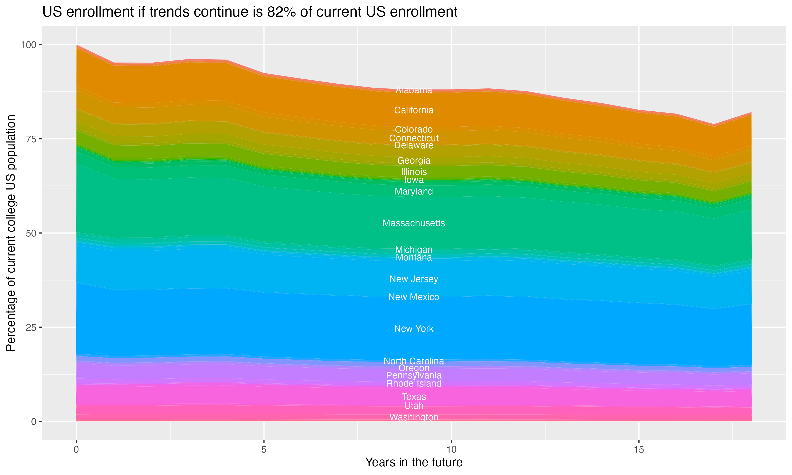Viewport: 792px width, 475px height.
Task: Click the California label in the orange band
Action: pyautogui.click(x=414, y=110)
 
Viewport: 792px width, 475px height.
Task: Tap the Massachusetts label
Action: pyautogui.click(x=414, y=223)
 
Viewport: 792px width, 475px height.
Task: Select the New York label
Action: pyautogui.click(x=414, y=329)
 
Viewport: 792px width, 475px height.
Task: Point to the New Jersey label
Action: pyautogui.click(x=414, y=279)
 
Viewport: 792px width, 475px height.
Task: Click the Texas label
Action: pyautogui.click(x=414, y=397)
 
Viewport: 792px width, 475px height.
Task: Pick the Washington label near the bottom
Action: pyautogui.click(x=414, y=417)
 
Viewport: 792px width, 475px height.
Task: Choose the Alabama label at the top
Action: pyautogui.click(x=414, y=90)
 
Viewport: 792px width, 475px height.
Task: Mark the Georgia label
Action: pyautogui.click(x=414, y=161)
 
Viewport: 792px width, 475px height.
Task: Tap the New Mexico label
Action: pyautogui.click(x=414, y=297)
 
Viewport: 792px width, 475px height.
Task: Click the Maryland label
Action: pyautogui.click(x=414, y=191)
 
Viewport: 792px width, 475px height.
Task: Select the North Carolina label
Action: pyautogui.click(x=414, y=361)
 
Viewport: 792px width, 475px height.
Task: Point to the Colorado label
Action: pyautogui.click(x=414, y=130)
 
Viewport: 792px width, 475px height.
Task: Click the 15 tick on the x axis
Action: pyautogui.click(x=639, y=450)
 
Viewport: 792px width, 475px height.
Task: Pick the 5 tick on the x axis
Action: pyautogui.click(x=264, y=450)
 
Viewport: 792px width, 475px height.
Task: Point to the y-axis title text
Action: pyautogui.click(x=11, y=233)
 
